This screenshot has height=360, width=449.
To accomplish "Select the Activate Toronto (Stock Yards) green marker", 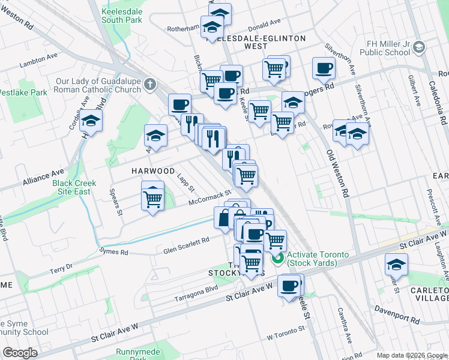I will (x=277, y=259).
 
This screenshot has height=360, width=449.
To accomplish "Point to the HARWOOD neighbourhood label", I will (x=153, y=171).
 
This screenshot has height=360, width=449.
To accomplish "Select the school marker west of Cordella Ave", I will (x=91, y=121).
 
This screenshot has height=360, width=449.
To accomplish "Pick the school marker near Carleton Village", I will (x=396, y=264).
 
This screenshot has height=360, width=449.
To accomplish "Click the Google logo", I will (x=20, y=353).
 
